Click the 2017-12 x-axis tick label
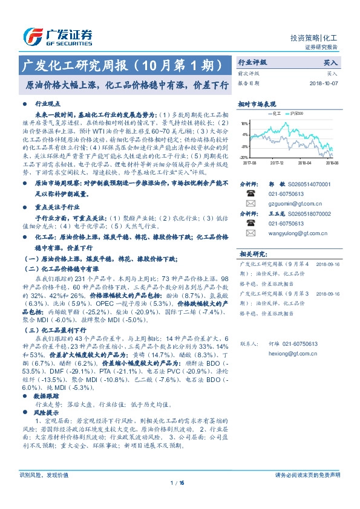click(277, 163)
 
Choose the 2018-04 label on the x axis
click(305, 163)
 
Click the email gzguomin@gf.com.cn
click(286, 205)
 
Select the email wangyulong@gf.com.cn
click(290, 232)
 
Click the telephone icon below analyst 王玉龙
click(250, 223)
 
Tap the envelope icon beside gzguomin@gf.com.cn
click(250, 205)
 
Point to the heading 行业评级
click(252, 62)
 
